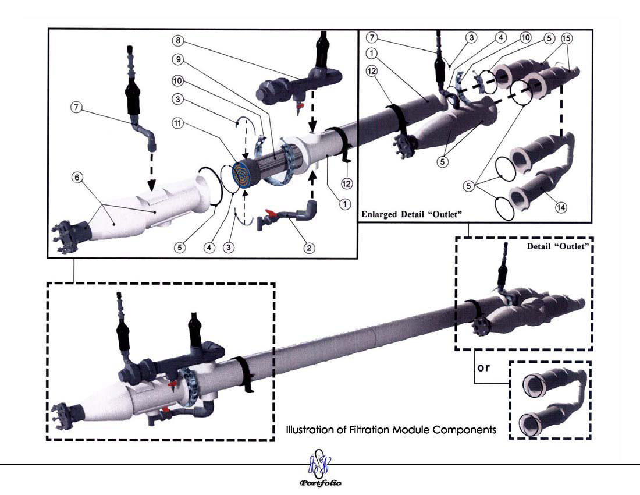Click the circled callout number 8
[x=177, y=40]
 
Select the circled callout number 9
[x=178, y=59]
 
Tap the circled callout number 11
[x=177, y=123]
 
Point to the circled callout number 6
[x=77, y=177]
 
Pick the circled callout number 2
[x=309, y=248]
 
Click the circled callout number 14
[x=561, y=207]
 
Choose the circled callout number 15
[x=567, y=38]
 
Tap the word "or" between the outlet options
[x=483, y=367]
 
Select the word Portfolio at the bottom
[x=321, y=483]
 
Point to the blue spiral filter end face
[x=244, y=176]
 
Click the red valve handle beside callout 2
[x=269, y=213]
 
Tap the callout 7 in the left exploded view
[x=76, y=108]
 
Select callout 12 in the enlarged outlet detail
[x=371, y=71]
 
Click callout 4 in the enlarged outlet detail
[x=500, y=38]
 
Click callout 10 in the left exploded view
[x=177, y=80]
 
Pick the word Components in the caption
[x=465, y=430]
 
